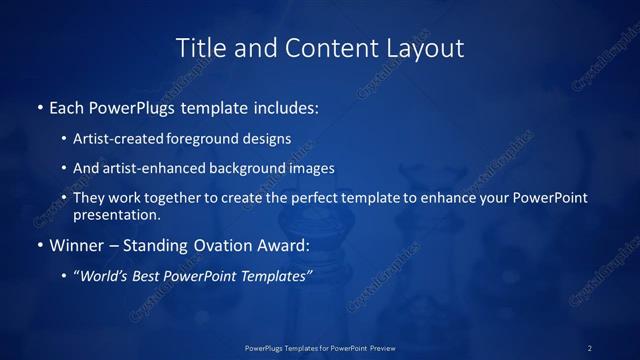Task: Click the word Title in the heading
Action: pos(199,48)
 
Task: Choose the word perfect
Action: pos(317,198)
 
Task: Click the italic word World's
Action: pos(104,275)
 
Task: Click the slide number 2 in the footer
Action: pos(590,347)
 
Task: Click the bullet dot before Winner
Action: pos(39,245)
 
